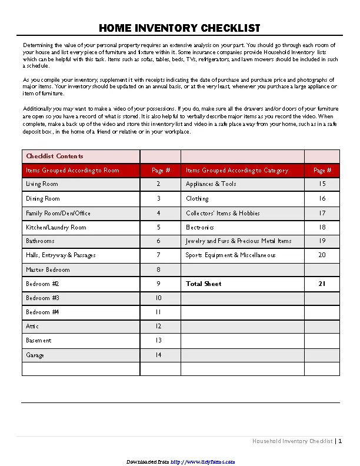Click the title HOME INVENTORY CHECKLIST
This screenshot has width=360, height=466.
[179, 28]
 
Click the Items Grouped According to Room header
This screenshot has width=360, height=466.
[72, 171]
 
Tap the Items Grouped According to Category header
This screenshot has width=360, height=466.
[237, 171]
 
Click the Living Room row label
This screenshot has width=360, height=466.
[42, 184]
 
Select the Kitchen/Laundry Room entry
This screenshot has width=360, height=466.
[56, 227]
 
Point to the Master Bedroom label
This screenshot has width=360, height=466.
[48, 269]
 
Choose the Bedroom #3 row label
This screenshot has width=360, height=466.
[42, 298]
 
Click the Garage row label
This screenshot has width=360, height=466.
[35, 355]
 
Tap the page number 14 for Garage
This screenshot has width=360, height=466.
[158, 355]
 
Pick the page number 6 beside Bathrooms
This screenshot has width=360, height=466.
[158, 241]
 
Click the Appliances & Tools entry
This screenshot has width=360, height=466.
[211, 184]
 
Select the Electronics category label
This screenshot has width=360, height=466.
[200, 227]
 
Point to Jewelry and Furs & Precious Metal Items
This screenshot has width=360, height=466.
[239, 241]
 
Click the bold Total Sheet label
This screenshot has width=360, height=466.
[204, 284]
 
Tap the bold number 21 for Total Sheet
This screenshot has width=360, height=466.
[322, 284]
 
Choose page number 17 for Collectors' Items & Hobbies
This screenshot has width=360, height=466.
[322, 213]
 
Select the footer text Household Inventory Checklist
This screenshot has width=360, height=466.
[292, 441]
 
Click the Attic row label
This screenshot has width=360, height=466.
[32, 326]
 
